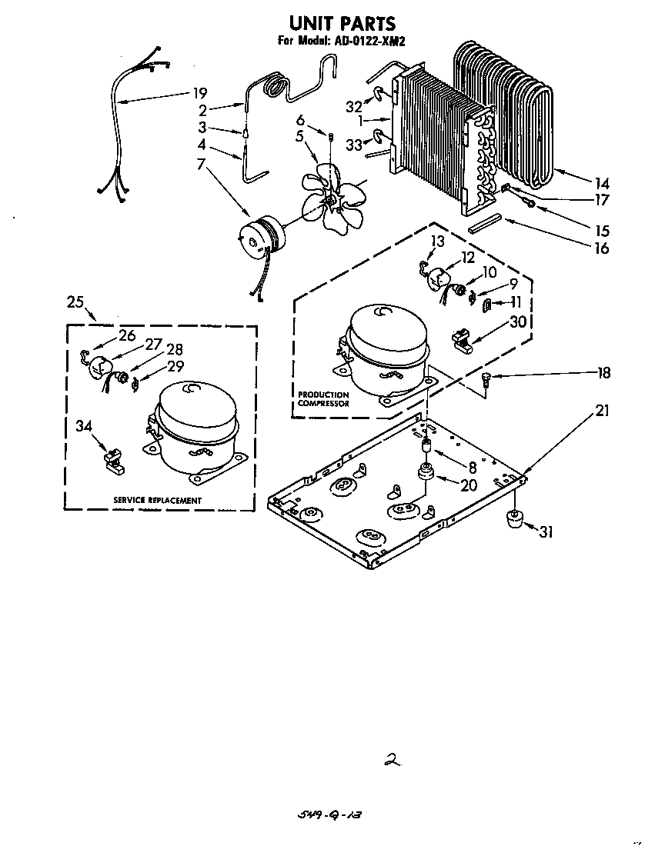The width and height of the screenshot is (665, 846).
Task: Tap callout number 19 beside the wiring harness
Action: coord(199,94)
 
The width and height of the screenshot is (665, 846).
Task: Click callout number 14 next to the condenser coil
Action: coord(601,184)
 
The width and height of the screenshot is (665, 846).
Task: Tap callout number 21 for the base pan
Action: coord(601,411)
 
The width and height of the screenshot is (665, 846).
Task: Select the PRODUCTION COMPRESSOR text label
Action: coord(323,399)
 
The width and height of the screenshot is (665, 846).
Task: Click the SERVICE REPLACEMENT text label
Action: coord(157,501)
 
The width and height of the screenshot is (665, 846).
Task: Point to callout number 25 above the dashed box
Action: coord(75,301)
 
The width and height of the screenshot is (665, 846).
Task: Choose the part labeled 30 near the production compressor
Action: coord(462,339)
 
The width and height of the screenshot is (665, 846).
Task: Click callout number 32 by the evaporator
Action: coord(353,107)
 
